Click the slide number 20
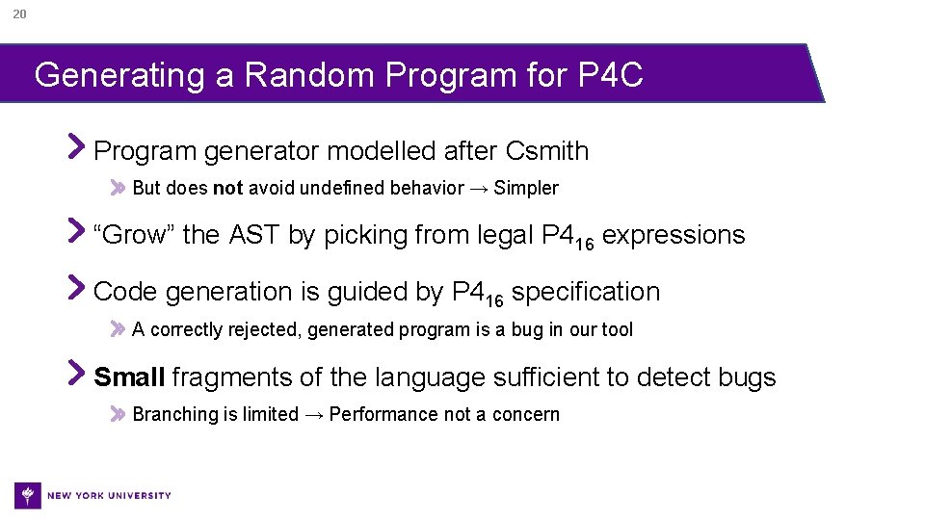(19, 13)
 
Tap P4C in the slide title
(610, 75)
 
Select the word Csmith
(547, 151)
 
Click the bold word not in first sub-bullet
(227, 189)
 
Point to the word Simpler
(526, 189)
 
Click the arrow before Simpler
(479, 189)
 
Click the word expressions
(674, 235)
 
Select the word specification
(586, 292)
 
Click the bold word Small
(129, 377)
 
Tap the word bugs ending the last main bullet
(747, 377)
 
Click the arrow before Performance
(314, 415)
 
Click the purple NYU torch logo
(28, 495)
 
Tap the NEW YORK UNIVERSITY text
(109, 496)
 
